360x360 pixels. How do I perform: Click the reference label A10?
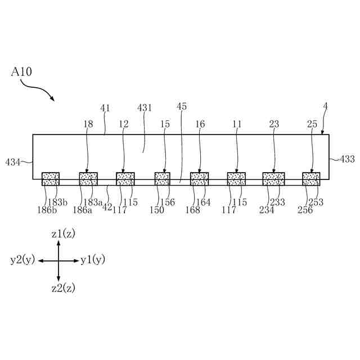pyautogui.click(x=20, y=73)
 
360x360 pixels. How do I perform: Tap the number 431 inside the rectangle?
pyautogui.click(x=145, y=107)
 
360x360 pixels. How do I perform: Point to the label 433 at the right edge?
pyautogui.click(x=347, y=159)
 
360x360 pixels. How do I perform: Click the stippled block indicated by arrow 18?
pyautogui.click(x=88, y=179)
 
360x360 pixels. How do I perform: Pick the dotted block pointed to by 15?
pyautogui.click(x=163, y=179)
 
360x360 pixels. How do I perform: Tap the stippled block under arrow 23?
pyautogui.click(x=273, y=179)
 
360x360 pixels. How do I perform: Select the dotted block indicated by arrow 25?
pyautogui.click(x=311, y=179)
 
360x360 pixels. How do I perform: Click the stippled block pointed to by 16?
pyautogui.click(x=199, y=179)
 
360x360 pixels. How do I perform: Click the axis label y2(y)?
pyautogui.click(x=22, y=260)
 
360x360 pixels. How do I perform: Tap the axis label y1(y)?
pyautogui.click(x=93, y=260)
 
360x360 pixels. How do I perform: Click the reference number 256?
pyautogui.click(x=305, y=210)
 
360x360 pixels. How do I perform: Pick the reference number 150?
pyautogui.click(x=157, y=210)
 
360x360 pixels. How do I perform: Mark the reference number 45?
pyautogui.click(x=182, y=106)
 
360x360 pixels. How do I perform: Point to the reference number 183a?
pyautogui.click(x=93, y=202)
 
